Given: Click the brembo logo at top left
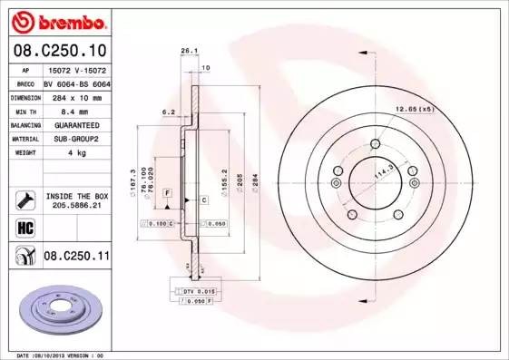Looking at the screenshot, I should click(56, 19).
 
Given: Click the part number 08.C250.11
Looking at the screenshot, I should click(76, 258).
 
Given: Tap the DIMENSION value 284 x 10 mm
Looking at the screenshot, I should click(76, 95).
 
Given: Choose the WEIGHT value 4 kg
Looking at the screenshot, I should click(76, 153).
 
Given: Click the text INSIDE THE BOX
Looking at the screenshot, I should click(76, 195).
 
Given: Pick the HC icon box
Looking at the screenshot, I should click(24, 228).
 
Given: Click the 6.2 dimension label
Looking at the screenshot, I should click(166, 112).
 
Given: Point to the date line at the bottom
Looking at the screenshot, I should click(62, 355).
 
